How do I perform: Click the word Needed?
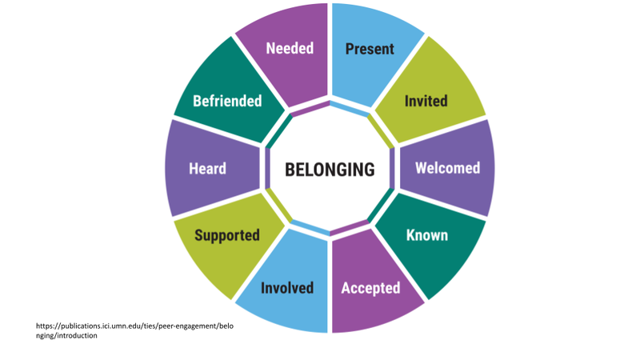click(x=290, y=49)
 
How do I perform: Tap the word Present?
click(x=370, y=49)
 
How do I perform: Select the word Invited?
click(x=426, y=101)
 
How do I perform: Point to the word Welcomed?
click(x=448, y=168)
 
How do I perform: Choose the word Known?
click(x=426, y=235)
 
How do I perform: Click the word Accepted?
click(x=370, y=287)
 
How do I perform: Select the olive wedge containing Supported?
click(x=228, y=240)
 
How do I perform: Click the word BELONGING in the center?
click(x=330, y=170)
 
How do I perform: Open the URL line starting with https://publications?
click(x=135, y=326)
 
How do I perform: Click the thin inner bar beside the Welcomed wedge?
click(x=393, y=169)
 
